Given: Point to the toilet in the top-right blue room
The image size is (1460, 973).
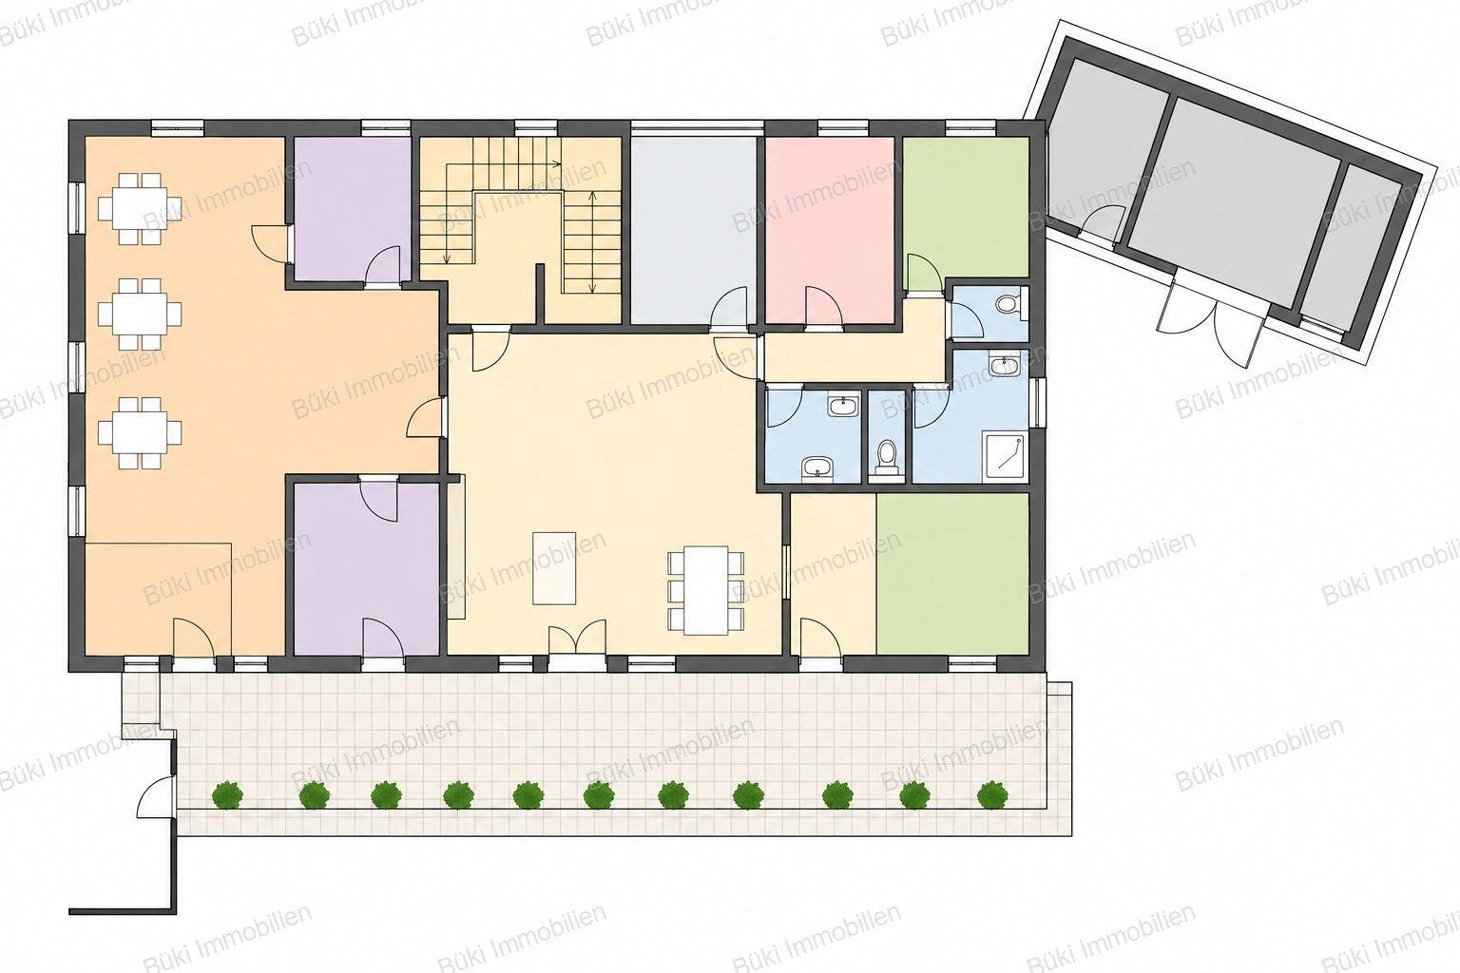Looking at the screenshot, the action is pyautogui.click(x=1008, y=304).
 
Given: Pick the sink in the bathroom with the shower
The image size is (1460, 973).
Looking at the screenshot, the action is pyautogui.click(x=1003, y=365).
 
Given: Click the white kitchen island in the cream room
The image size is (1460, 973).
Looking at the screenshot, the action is pyautogui.click(x=554, y=568).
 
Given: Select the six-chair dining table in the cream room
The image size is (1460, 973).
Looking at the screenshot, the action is pyautogui.click(x=706, y=590).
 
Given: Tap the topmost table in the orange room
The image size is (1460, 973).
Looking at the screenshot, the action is pyautogui.click(x=140, y=208).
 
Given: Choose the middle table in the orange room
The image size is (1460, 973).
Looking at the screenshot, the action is pyautogui.click(x=140, y=315).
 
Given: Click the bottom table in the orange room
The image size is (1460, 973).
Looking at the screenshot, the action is pyautogui.click(x=140, y=432).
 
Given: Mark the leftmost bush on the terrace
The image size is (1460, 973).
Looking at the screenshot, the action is pyautogui.click(x=227, y=795).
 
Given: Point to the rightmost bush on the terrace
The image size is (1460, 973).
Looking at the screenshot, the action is pyautogui.click(x=992, y=795).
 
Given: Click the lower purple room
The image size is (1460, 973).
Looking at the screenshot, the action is pyautogui.click(x=366, y=568).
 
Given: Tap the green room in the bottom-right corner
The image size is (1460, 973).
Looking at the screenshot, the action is pyautogui.click(x=952, y=574).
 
